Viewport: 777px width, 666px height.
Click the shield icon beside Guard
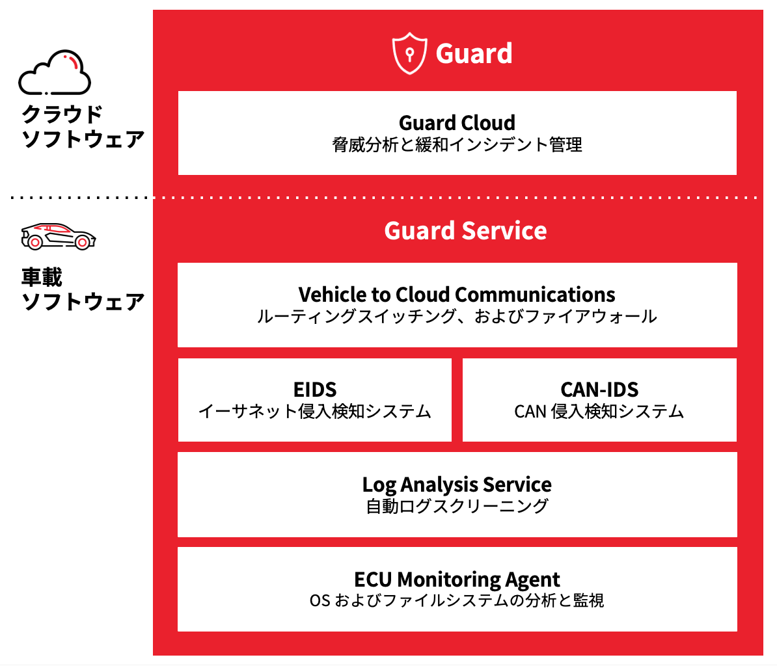tap(409, 53)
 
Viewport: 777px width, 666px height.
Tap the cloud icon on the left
tap(55, 72)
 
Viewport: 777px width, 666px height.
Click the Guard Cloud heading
tap(457, 122)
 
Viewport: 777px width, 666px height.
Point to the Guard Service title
tap(465, 231)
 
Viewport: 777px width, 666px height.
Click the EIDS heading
tap(315, 390)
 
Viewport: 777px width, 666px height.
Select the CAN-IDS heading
tap(599, 390)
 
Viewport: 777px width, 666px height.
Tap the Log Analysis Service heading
tap(457, 485)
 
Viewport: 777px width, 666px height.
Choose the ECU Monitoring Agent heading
tap(457, 579)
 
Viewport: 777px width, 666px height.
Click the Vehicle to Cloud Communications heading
tap(457, 295)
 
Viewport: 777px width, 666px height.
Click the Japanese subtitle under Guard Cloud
tap(457, 144)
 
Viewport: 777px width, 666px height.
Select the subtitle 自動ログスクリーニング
tap(457, 506)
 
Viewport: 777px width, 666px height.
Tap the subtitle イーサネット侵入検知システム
tap(315, 411)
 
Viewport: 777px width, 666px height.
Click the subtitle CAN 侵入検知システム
tap(599, 411)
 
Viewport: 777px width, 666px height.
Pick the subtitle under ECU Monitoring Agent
tap(457, 600)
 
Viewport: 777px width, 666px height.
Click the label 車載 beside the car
tap(42, 277)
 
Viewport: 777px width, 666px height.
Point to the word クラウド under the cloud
tap(62, 114)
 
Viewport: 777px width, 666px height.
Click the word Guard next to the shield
tap(474, 53)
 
